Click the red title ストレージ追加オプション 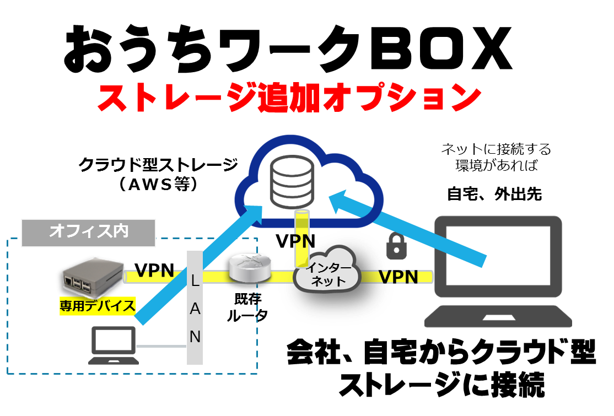[288, 99]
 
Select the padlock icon [396, 246]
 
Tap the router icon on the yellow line [250, 268]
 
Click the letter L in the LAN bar [195, 280]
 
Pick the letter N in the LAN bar [195, 336]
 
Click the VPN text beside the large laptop [398, 277]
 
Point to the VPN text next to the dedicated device [155, 273]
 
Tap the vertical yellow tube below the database [301, 237]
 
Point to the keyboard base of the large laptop [498, 318]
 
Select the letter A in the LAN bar [195, 309]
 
